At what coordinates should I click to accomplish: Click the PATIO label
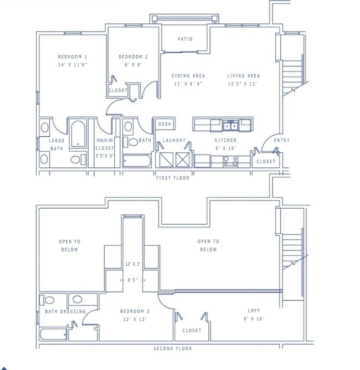pos(185,39)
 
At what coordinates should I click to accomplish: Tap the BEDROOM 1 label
pos(73,57)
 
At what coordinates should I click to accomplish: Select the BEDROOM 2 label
pos(133,57)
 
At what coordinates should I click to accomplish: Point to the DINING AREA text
pos(188,76)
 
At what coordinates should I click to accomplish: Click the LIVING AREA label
pos(243,76)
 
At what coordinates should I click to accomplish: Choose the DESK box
pos(164,125)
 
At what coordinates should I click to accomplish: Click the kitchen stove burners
pos(230,161)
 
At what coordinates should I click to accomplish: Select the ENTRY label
pos(281,141)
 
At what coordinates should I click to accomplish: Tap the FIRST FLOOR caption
pos(173,178)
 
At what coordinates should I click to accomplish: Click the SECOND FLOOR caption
pos(173,348)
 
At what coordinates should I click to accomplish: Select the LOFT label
pos(254,311)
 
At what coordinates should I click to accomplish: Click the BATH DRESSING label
pos(65,311)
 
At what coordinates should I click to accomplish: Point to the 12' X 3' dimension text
pos(133,264)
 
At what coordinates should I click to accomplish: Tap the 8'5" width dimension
pos(133,280)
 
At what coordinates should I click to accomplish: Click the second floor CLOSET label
pos(192,331)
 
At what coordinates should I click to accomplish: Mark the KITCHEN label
pos(225,141)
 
